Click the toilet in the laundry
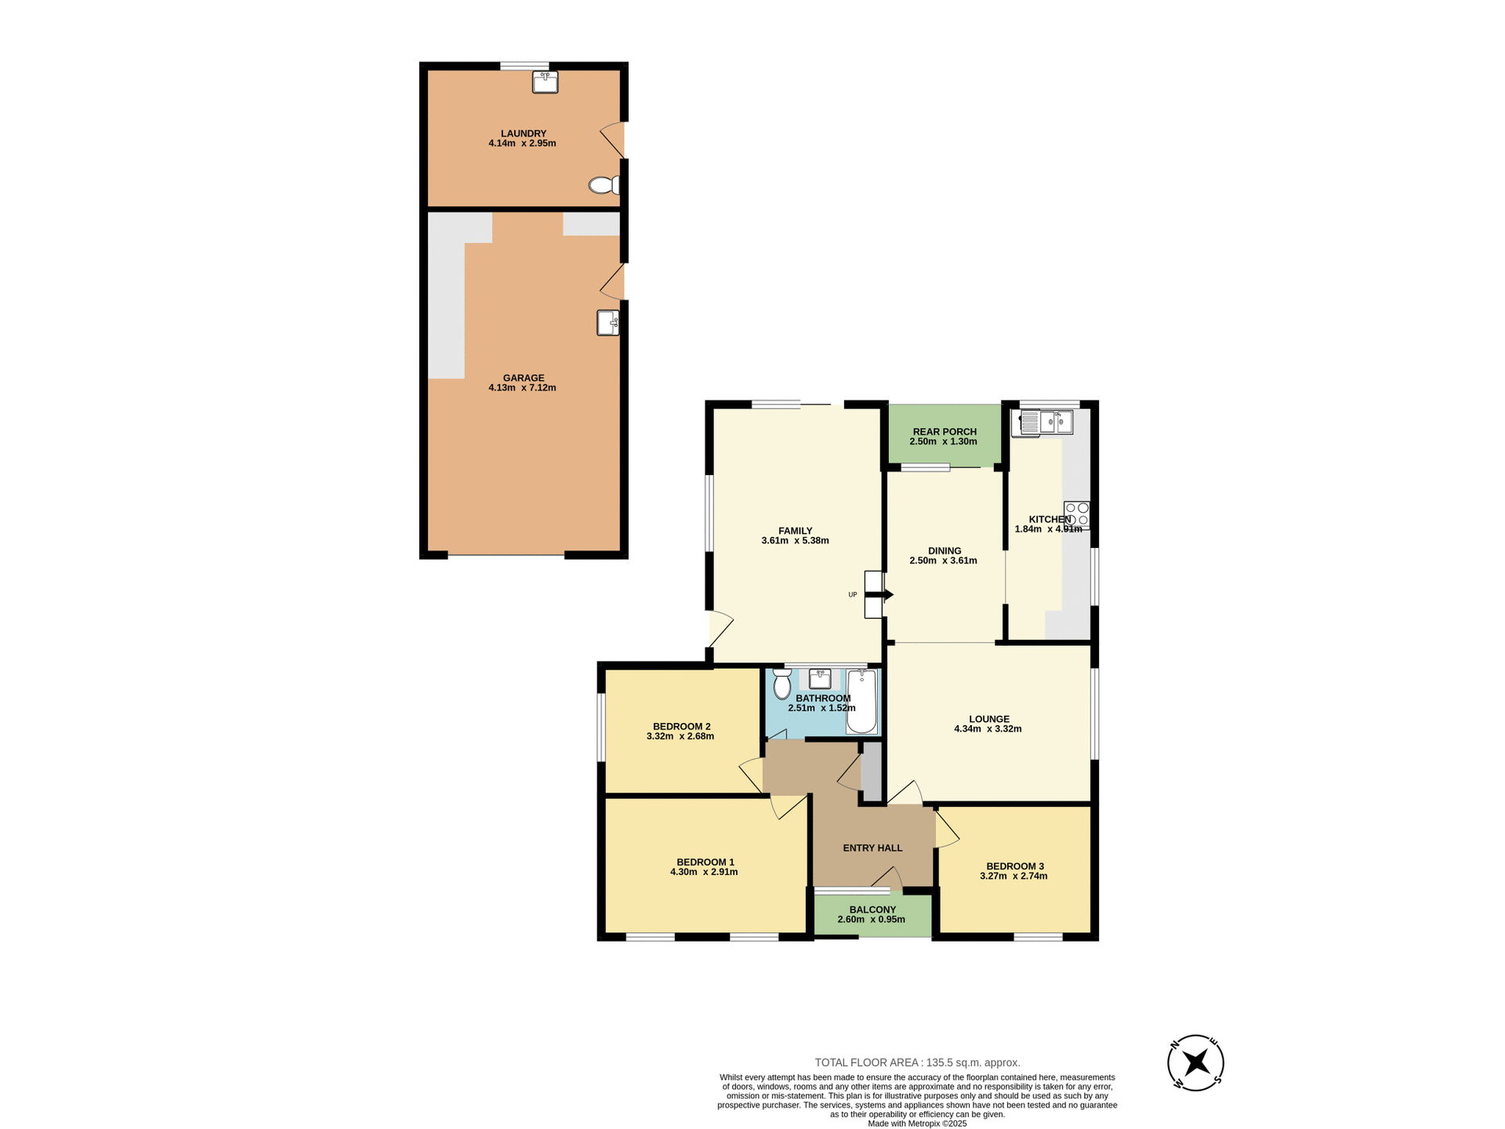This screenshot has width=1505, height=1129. pyautogui.click(x=603, y=185)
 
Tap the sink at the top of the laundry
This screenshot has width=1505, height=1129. pyautogui.click(x=545, y=82)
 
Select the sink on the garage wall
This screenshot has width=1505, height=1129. pyautogui.click(x=608, y=322)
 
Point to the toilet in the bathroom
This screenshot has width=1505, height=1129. pyautogui.click(x=782, y=684)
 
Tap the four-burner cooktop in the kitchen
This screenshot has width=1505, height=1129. pyautogui.click(x=1076, y=514)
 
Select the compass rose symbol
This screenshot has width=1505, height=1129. pyautogui.click(x=1195, y=1063)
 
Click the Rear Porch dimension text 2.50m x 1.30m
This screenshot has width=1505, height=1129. pyautogui.click(x=943, y=441)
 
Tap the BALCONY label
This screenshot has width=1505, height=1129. pyautogui.click(x=872, y=909)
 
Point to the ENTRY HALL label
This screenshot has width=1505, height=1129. pyautogui.click(x=872, y=848)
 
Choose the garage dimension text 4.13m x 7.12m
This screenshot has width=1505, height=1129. pyautogui.click(x=522, y=387)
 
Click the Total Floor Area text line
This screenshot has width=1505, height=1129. pyautogui.click(x=917, y=1062)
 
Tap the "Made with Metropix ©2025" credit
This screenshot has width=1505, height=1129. pyautogui.click(x=917, y=1124)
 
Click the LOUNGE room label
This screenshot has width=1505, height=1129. pyautogui.click(x=988, y=719)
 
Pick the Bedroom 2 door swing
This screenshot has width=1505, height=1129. pyautogui.click(x=752, y=775)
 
